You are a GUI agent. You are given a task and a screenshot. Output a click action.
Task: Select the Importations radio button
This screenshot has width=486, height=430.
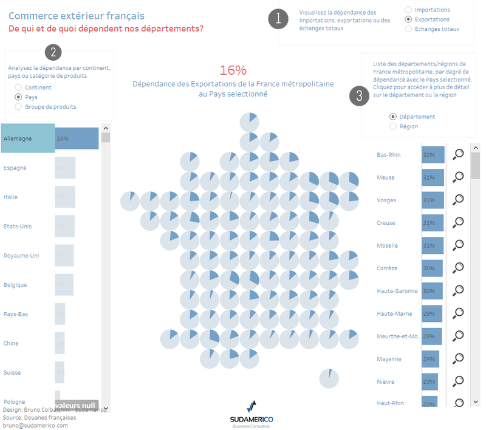(x=408, y=10)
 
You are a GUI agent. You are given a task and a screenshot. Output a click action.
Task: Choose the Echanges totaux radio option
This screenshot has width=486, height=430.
(x=408, y=29)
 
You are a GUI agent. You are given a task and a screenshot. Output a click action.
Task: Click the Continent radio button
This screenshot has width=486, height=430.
(x=18, y=87)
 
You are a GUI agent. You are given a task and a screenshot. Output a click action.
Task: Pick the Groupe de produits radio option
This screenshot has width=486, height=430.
(x=18, y=106)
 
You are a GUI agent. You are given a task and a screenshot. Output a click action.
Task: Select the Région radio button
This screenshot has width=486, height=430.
(x=393, y=126)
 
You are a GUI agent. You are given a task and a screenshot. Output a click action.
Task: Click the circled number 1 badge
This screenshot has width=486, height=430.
(x=278, y=18)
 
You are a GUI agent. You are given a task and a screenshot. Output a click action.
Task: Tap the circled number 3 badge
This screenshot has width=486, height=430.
(x=360, y=96)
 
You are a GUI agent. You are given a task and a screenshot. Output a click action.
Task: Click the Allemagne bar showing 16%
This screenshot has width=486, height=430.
(x=77, y=138)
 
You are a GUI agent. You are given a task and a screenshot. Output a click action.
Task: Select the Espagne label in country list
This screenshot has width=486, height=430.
(x=15, y=168)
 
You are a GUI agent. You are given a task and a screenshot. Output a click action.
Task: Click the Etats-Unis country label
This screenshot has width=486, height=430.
(x=18, y=226)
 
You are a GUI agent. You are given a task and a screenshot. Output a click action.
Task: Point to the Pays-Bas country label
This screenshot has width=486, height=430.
(x=16, y=314)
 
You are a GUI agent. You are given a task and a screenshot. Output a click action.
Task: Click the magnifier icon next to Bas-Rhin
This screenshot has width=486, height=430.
(x=459, y=154)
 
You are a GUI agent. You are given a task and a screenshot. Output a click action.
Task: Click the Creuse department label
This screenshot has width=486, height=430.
(x=386, y=223)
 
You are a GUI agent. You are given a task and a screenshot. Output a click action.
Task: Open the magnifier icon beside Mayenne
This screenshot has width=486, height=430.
(x=459, y=358)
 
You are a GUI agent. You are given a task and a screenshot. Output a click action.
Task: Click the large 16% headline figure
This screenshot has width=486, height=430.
(x=233, y=70)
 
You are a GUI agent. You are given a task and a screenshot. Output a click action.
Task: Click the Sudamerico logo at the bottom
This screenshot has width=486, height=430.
(x=252, y=413)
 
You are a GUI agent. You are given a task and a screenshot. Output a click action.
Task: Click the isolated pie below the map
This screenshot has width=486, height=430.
(x=329, y=378)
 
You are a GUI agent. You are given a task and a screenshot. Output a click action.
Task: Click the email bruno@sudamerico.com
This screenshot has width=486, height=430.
(x=36, y=425)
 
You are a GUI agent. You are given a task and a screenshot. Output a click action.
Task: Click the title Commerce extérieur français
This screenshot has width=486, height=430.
(x=77, y=15)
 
